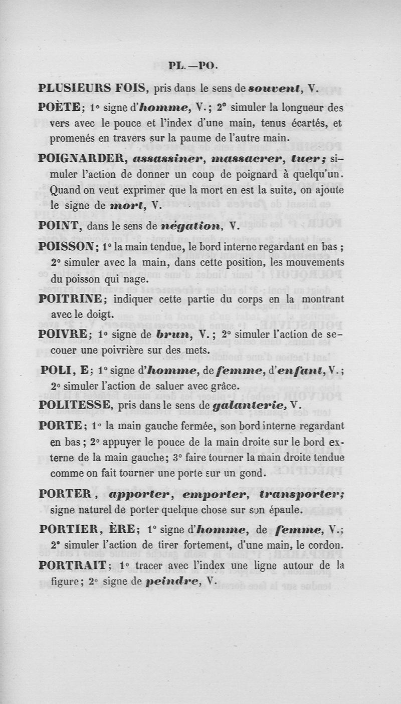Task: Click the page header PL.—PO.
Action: pos(192,65)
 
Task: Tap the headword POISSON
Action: pos(67,248)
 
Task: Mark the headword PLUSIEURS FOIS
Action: pos(92,89)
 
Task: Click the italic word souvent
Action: pos(276,89)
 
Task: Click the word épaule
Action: pos(283,510)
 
